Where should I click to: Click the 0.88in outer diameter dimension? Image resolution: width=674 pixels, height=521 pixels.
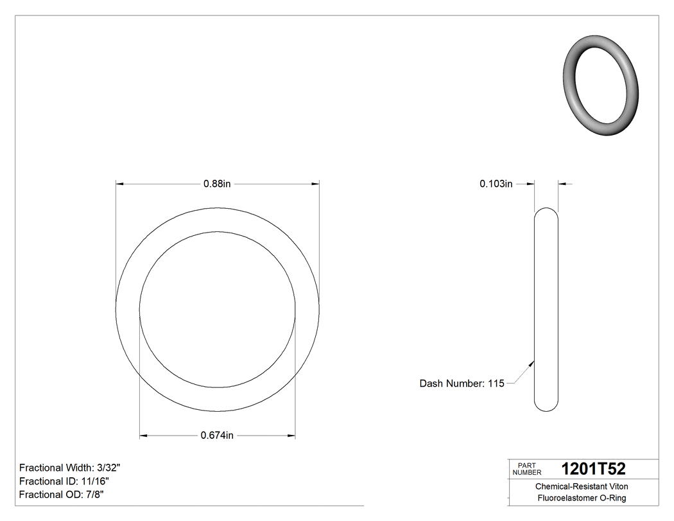coord(217,184)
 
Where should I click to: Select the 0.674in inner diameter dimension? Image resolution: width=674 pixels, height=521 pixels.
coord(217,436)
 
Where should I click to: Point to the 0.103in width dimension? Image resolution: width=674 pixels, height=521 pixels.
coord(496,184)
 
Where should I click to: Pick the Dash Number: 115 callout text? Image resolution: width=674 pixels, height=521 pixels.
coord(462,384)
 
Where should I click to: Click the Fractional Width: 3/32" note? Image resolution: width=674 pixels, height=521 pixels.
coord(70,468)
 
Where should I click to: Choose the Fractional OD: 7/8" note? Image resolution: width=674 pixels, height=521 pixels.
coord(62,495)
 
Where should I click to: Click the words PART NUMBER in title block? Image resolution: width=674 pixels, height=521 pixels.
coord(527,468)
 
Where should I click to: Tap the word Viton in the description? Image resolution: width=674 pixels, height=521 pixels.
coord(618,486)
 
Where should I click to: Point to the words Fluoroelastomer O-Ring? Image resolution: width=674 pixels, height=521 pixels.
coord(582,498)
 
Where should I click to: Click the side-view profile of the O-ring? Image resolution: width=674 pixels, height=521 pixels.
coord(546,309)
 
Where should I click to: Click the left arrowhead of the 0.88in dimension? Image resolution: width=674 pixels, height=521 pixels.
coord(119,184)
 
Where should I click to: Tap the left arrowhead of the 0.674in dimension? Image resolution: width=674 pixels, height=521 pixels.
coord(144,436)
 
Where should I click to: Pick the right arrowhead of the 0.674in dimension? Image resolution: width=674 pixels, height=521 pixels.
coord(291,436)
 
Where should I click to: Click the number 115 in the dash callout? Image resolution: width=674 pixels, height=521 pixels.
coord(496,384)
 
